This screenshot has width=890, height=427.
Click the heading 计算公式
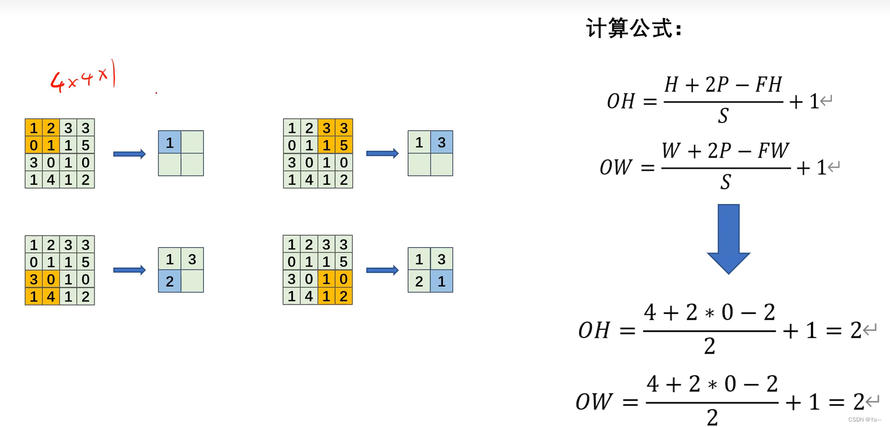pyautogui.click(x=634, y=28)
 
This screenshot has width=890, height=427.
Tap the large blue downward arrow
pyautogui.click(x=728, y=238)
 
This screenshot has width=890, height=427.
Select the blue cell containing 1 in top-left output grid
pyautogui.click(x=169, y=142)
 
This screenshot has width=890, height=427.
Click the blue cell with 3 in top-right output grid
pyautogui.click(x=442, y=142)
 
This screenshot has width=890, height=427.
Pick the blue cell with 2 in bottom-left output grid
pyautogui.click(x=169, y=281)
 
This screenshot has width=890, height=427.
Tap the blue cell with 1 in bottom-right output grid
pyautogui.click(x=442, y=281)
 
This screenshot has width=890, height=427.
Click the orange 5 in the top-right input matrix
pyautogui.click(x=344, y=145)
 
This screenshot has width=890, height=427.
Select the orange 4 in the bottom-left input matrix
pyautogui.click(x=51, y=297)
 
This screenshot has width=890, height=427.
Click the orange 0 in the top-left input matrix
pyautogui.click(x=34, y=145)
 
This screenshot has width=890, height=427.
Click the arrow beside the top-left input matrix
pyautogui.click(x=130, y=154)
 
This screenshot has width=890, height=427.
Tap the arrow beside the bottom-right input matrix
pyautogui.click(x=382, y=270)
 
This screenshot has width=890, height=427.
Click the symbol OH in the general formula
pyautogui.click(x=621, y=102)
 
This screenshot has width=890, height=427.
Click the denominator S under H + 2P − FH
pyautogui.click(x=723, y=116)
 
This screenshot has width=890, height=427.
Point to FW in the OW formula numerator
pyautogui.click(x=773, y=150)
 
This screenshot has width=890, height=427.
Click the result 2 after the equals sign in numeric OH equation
pyautogui.click(x=856, y=330)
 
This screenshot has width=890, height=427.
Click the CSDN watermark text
pyautogui.click(x=865, y=420)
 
